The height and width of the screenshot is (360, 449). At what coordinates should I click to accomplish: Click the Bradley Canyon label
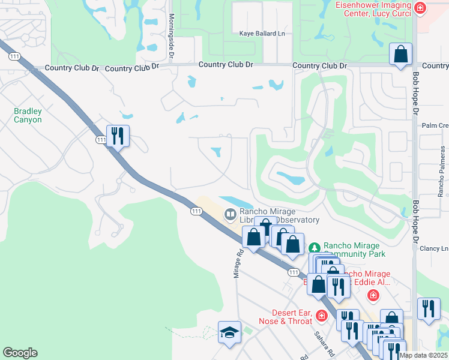pyautogui.click(x=28, y=115)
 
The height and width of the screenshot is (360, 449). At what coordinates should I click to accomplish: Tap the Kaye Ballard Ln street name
pyautogui.click(x=262, y=34)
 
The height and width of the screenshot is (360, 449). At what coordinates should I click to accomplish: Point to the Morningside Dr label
pyautogui.click(x=171, y=36)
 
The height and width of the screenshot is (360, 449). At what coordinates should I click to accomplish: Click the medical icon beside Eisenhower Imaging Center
pyautogui.click(x=420, y=8)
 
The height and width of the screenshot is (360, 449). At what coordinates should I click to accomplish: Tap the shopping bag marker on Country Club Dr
pyautogui.click(x=400, y=55)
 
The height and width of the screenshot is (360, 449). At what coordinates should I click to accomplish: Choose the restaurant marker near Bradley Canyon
pyautogui.click(x=118, y=136)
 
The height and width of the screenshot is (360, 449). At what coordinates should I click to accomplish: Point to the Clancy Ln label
pyautogui.click(x=434, y=248)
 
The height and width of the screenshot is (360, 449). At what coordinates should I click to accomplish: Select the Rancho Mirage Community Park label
pyautogui.click(x=352, y=250)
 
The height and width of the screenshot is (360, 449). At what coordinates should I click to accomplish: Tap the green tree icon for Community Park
pyautogui.click(x=313, y=248)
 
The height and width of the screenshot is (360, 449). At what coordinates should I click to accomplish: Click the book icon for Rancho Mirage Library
pyautogui.click(x=230, y=214)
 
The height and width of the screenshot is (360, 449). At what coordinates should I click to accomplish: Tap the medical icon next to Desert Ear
pyautogui.click(x=322, y=315)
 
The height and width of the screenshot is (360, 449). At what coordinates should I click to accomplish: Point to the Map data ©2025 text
pyautogui.click(x=423, y=355)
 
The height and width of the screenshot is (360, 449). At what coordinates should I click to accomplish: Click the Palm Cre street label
pyautogui.click(x=435, y=125)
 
